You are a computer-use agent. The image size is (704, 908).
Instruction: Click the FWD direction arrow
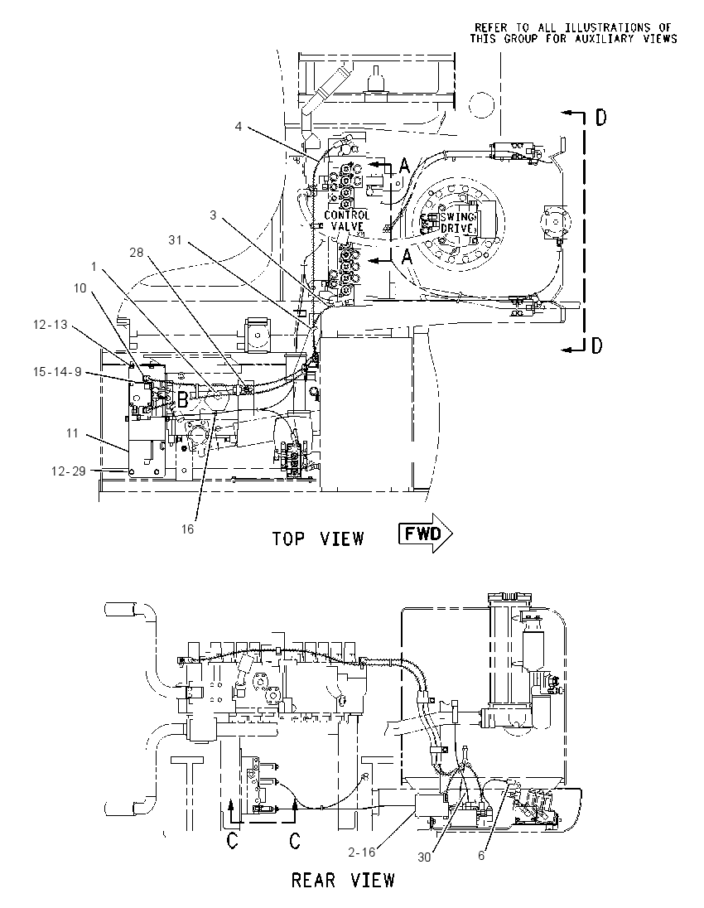pos(425,534)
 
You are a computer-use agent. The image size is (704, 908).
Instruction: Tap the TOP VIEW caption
pos(318,539)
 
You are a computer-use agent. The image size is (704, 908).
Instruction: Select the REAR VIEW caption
pos(343,881)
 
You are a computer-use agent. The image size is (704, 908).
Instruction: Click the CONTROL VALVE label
pos(346,220)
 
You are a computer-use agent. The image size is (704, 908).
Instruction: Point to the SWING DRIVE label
pos(457,223)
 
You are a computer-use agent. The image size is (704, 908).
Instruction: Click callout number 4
pos(239,126)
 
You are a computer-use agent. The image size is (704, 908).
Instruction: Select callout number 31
pos(175,239)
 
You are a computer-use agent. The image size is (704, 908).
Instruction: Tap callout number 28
pos(136,253)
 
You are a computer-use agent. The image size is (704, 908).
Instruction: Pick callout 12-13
pos(51,325)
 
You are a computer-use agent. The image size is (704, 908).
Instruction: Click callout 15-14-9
pos(57,372)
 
